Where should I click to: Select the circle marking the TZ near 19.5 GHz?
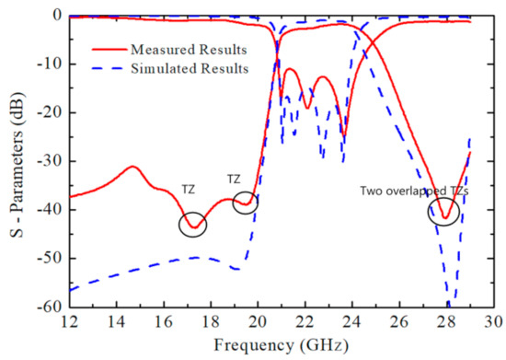(x=245, y=203)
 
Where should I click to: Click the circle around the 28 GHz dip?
(x=445, y=213)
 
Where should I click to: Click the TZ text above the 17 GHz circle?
(x=189, y=190)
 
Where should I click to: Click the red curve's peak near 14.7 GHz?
(x=132, y=167)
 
